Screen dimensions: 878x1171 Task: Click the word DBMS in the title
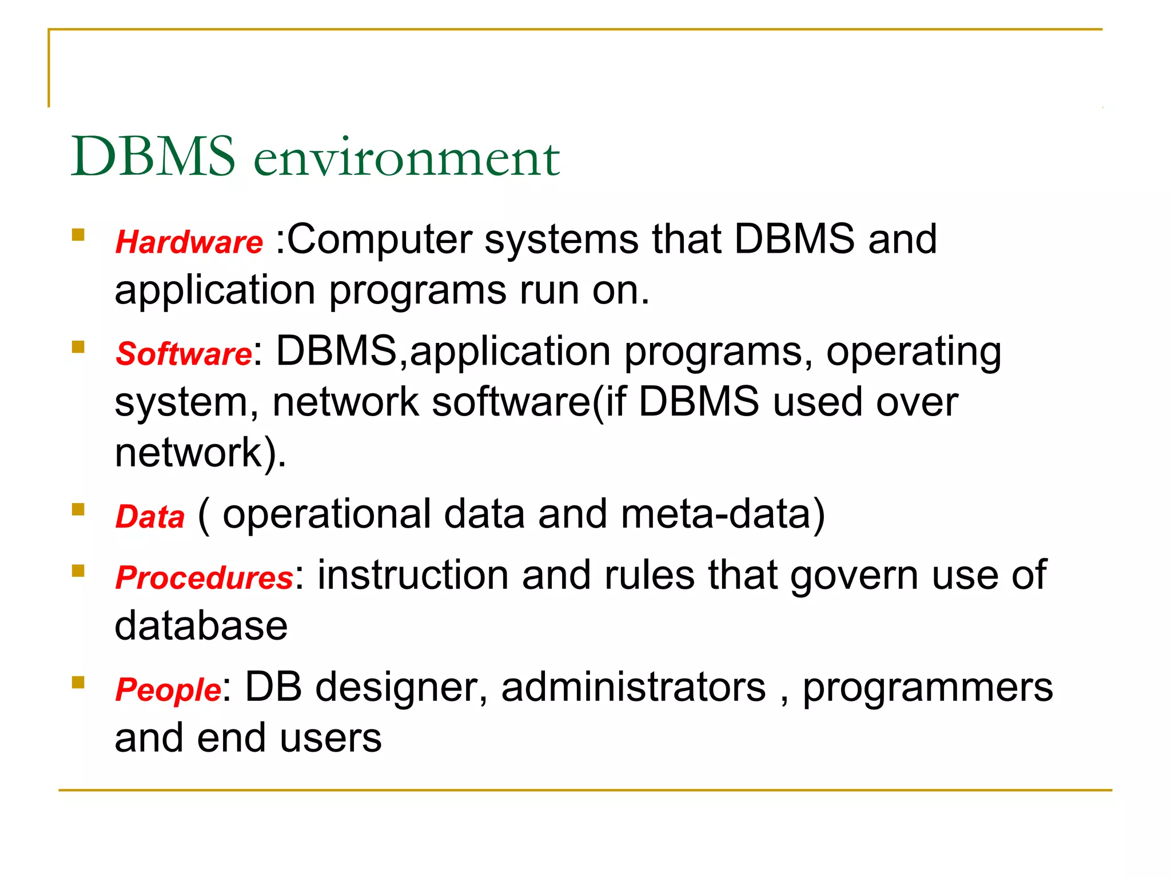click(153, 157)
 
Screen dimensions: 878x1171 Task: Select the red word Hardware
click(189, 242)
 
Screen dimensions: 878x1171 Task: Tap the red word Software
click(184, 354)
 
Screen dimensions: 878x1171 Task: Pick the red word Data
click(150, 517)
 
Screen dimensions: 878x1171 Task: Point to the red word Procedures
click(204, 577)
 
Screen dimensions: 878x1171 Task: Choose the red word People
click(168, 689)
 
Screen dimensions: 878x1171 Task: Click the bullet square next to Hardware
click(78, 235)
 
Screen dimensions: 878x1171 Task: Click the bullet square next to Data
click(78, 509)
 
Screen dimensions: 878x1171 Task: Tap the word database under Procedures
click(201, 625)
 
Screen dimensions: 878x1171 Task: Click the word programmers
click(927, 688)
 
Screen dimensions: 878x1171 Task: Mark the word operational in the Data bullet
click(326, 514)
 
